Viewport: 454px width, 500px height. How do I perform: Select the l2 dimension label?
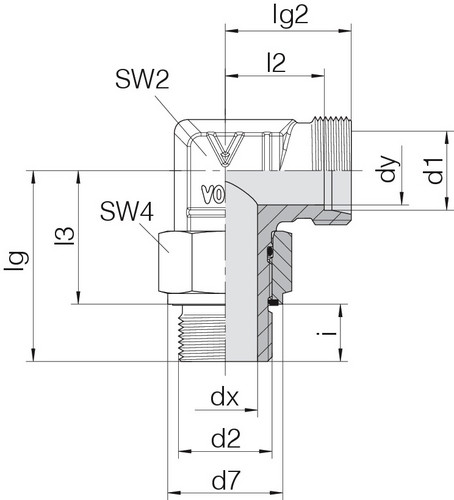[x=277, y=63]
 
